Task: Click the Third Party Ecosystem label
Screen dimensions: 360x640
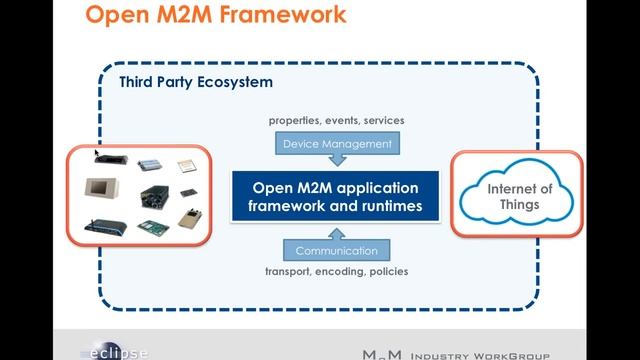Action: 195,81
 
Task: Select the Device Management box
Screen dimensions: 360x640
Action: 337,144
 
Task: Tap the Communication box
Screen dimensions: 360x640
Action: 337,250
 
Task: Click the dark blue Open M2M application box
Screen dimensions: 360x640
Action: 337,198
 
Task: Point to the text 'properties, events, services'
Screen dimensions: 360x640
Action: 337,121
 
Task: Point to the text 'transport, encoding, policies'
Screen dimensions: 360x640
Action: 337,271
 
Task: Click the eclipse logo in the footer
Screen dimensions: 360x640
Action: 115,352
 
